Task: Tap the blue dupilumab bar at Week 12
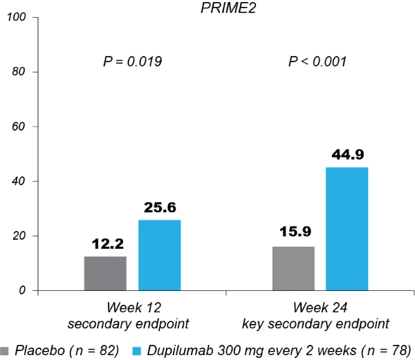(160, 255)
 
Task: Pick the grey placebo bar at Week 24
(293, 268)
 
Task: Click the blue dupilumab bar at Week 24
(347, 229)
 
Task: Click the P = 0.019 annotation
(132, 62)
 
